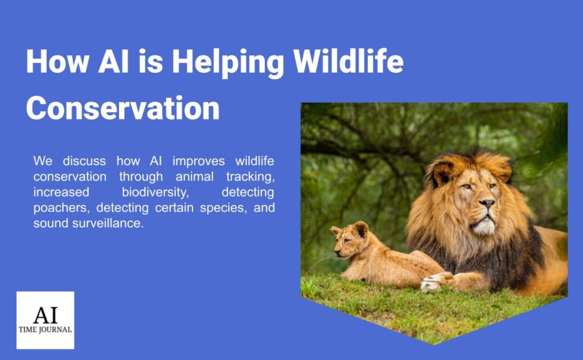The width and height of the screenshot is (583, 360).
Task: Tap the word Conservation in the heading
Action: click(122, 108)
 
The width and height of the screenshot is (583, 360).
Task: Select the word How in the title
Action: click(57, 62)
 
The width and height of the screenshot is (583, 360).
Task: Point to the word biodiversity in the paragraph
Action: click(155, 192)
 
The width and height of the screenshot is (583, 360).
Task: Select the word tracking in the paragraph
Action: click(248, 177)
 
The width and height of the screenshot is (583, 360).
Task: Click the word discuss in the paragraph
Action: click(82, 161)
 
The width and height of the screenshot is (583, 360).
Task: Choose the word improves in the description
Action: click(197, 161)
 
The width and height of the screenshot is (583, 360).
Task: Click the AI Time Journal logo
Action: click(45, 320)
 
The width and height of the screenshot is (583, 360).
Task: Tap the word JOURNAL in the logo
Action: click(56, 330)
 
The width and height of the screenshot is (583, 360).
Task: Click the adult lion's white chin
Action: click(485, 226)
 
